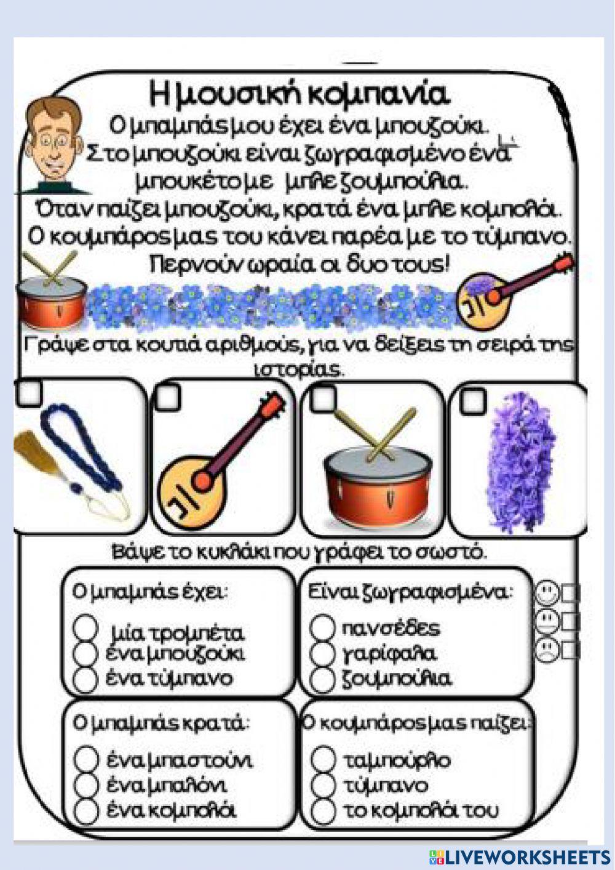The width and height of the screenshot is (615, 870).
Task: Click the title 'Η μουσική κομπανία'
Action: click(300, 94)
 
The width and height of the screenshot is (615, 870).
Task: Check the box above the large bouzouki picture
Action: click(168, 398)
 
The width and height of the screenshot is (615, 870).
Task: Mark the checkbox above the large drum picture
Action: click(323, 400)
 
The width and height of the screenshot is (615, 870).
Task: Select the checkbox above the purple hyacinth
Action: click(473, 400)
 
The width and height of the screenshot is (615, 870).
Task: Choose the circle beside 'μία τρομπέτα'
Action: click(86, 628)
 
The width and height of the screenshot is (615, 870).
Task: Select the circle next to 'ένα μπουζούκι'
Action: click(86, 653)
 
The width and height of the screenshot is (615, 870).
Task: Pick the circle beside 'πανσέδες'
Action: click(322, 627)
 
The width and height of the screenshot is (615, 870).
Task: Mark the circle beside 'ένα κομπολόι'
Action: click(86, 810)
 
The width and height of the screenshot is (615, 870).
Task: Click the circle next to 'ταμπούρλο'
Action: click(323, 759)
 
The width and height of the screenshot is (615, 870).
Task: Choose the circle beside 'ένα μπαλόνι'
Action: click(86, 785)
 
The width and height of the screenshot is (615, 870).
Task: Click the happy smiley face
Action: click(546, 594)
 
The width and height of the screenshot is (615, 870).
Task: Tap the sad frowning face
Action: click(546, 649)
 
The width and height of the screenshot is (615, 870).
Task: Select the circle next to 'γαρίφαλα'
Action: click(322, 653)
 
